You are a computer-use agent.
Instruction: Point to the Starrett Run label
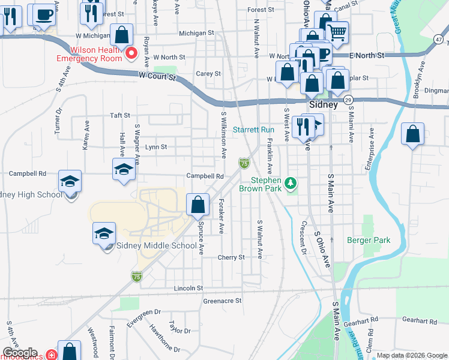[x=253, y=130]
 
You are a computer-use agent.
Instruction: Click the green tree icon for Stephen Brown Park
[x=291, y=182]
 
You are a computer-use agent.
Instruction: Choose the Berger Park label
[x=369, y=240]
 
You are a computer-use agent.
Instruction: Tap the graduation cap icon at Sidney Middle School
[x=104, y=233]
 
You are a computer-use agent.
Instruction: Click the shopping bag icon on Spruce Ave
[x=197, y=205]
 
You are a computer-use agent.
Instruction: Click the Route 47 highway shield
[x=439, y=40]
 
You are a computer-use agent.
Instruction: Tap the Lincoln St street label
[x=188, y=288]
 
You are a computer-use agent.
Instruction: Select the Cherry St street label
[x=232, y=257]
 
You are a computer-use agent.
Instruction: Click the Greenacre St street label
[x=222, y=301]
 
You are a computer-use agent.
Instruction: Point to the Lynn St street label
[x=156, y=146]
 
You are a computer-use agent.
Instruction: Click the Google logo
[x=20, y=353]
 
